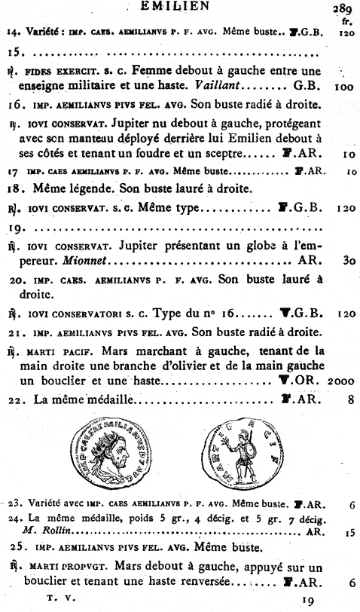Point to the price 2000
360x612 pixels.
click(x=343, y=381)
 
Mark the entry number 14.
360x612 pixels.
click(x=12, y=34)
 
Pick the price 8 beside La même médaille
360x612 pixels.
click(x=350, y=399)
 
